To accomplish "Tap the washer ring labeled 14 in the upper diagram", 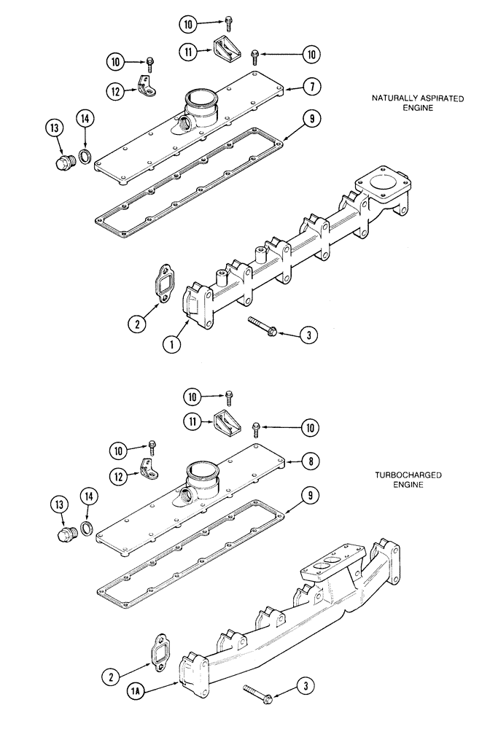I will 85,157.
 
